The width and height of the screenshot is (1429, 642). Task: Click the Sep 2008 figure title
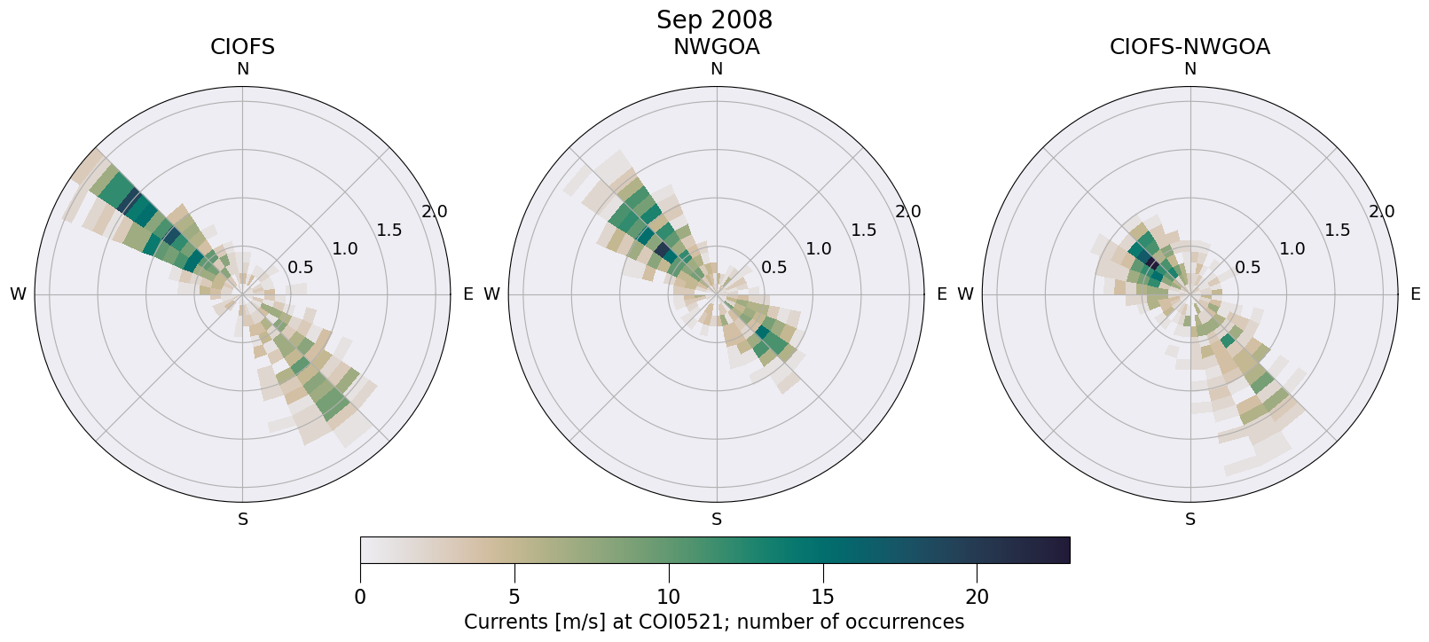tap(714, 20)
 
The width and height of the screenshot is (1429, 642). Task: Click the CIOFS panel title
tap(242, 47)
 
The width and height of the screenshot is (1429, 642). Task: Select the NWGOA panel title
tap(716, 47)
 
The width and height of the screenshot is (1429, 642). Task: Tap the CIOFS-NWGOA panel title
tap(1190, 47)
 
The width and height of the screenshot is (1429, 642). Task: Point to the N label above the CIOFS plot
tap(242, 69)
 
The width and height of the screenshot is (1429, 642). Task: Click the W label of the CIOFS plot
tap(18, 294)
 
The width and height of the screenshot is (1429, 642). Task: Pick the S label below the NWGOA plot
tap(717, 520)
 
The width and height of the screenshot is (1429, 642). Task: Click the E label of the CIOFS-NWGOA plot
tap(1416, 294)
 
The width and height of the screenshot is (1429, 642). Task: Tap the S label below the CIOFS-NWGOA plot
tap(1190, 520)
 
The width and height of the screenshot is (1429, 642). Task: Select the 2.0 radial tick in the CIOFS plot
tap(435, 212)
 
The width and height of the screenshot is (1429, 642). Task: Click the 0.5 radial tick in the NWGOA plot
tap(774, 268)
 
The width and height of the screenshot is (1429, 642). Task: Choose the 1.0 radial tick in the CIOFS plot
tap(345, 249)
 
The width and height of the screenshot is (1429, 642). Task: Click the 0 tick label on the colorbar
tap(360, 598)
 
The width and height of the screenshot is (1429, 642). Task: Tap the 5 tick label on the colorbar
tap(514, 598)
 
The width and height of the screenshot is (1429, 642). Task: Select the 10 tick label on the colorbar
tap(669, 598)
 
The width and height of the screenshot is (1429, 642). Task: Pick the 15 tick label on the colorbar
tap(823, 598)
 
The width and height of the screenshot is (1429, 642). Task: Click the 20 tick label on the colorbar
tap(977, 598)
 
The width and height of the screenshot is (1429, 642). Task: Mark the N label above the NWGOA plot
tap(717, 69)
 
